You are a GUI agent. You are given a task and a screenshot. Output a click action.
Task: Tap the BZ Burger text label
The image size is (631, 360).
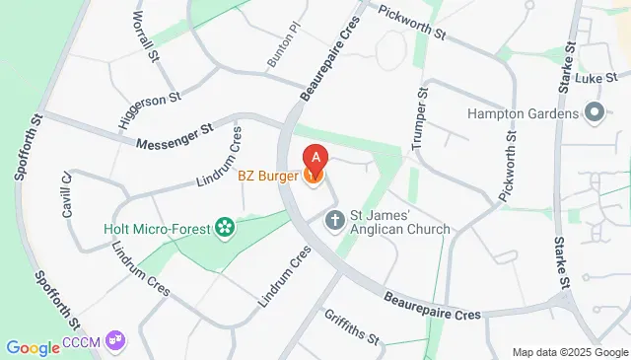pos(269,177)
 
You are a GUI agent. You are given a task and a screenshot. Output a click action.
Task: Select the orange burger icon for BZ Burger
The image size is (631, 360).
pos(315,177)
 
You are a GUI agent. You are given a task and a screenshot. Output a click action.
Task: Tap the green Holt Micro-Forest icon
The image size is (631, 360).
pos(226,229)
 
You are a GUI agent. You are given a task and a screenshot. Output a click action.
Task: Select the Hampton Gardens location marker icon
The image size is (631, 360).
pos(594,112)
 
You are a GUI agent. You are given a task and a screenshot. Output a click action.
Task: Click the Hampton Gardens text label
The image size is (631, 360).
pos(524,113)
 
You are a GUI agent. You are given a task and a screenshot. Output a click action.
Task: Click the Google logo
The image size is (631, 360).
pos(33,347)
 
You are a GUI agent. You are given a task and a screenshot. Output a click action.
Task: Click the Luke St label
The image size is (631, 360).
pos(598,77)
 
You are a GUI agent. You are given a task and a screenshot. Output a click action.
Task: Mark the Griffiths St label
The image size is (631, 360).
pos(351,325)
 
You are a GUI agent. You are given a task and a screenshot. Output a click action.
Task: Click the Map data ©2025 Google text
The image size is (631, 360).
pos(570,352)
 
